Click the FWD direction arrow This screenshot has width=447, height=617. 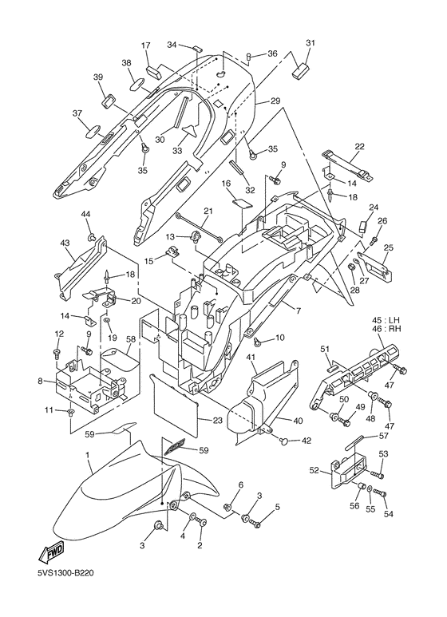pyautogui.click(x=51, y=552)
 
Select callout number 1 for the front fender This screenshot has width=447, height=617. pyautogui.click(x=88, y=454)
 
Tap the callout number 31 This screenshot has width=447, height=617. pyautogui.click(x=311, y=43)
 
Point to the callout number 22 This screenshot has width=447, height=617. pyautogui.click(x=360, y=146)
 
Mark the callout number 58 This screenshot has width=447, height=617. pyautogui.click(x=131, y=338)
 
